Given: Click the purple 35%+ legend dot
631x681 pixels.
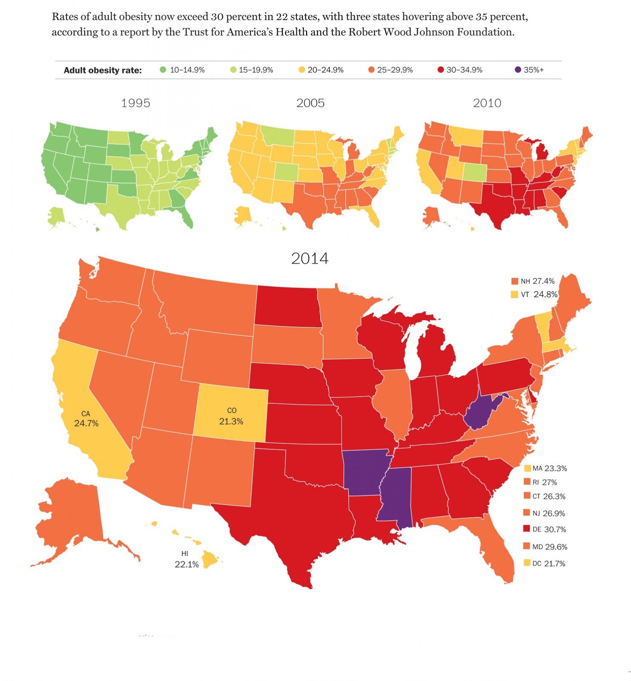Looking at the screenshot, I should coord(517,70).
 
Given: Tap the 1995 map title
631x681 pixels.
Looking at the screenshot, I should coord(135,103).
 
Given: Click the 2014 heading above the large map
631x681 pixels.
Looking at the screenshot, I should coord(310,258).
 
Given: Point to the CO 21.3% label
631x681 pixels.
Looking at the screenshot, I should coord(231,416).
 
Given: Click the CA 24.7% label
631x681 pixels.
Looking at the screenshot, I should coord(86,419).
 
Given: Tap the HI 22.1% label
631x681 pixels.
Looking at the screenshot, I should coord(186,559).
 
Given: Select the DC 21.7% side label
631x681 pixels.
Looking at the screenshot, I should coord(548,564).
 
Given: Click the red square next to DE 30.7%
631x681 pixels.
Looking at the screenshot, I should coord(527,529).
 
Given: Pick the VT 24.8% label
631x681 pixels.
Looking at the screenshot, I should coord(539,295).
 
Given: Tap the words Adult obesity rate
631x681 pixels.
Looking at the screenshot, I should coord(103,70).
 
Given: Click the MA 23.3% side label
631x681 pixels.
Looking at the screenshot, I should coord(549,468).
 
